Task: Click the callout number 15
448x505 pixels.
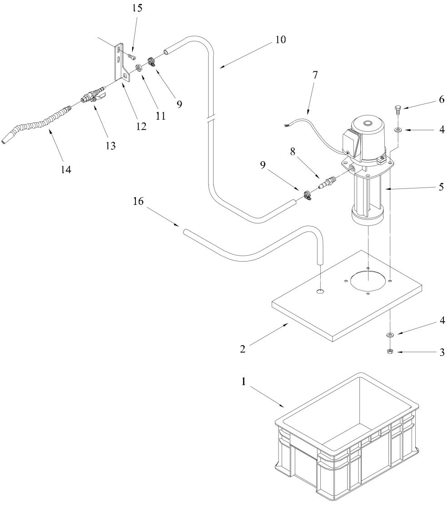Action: tap(137, 8)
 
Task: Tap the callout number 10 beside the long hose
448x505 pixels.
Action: tap(280, 40)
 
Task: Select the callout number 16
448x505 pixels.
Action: tap(138, 201)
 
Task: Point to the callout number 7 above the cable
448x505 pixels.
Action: tap(315, 75)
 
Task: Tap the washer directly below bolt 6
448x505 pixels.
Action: tap(398, 130)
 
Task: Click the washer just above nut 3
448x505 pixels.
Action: tap(390, 335)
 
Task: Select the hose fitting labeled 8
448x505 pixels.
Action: tap(327, 183)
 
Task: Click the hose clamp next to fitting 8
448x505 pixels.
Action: tap(308, 195)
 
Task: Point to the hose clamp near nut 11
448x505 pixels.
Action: tap(152, 61)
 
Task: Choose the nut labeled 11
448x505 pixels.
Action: tap(138, 68)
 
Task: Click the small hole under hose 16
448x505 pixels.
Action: tap(320, 292)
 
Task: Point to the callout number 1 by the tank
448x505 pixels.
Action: tap(244, 381)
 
